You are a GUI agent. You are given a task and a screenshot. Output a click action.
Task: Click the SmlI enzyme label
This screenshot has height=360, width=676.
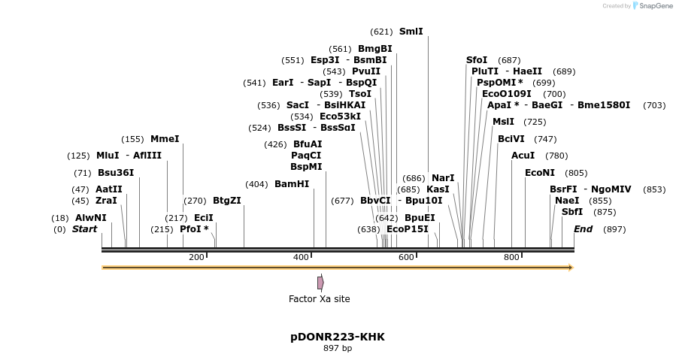click(x=411, y=32)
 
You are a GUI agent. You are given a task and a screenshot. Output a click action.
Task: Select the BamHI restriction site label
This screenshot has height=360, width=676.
click(x=292, y=184)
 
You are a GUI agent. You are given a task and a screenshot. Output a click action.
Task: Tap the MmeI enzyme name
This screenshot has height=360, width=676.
click(x=165, y=139)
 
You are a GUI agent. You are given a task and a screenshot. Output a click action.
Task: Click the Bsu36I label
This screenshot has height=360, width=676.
click(x=116, y=173)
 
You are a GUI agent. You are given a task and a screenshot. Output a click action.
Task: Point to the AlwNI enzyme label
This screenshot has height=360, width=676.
click(x=90, y=218)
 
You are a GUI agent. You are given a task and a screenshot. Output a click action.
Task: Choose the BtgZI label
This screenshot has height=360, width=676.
click(x=226, y=201)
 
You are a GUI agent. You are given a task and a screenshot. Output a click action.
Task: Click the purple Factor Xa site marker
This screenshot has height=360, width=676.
click(x=320, y=283)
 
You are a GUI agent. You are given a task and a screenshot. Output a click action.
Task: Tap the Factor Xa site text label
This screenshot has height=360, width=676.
click(x=319, y=299)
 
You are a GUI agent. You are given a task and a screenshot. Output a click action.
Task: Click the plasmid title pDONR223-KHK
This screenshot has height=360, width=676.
click(x=338, y=337)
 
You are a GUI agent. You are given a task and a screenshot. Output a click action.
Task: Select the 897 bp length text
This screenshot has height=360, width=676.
click(x=338, y=349)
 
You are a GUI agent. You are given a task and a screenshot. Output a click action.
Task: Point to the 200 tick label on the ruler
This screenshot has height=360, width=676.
click(x=196, y=258)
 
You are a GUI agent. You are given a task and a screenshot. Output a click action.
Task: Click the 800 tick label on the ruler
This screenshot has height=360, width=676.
click(x=511, y=258)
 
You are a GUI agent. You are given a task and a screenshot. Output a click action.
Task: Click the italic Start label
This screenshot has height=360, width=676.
click(x=84, y=229)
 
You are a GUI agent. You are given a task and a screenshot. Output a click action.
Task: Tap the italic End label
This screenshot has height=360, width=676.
click(x=583, y=229)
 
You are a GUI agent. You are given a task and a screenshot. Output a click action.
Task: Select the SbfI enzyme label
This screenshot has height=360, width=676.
click(x=571, y=212)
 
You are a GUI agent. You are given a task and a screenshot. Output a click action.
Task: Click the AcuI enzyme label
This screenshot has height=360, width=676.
click(x=523, y=156)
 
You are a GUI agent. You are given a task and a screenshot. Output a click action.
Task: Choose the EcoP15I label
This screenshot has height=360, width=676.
click(x=407, y=229)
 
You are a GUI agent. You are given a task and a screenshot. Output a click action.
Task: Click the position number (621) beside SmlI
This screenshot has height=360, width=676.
click(x=381, y=32)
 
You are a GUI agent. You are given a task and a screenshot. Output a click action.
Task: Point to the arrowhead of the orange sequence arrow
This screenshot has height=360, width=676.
click(x=571, y=268)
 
